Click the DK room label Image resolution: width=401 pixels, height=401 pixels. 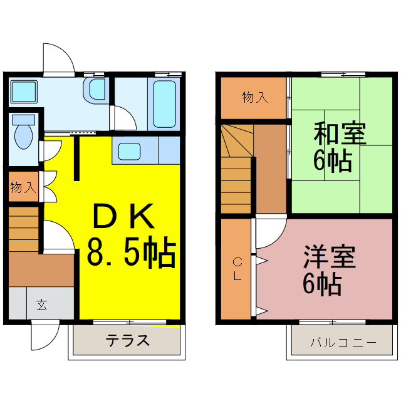(x=123, y=217)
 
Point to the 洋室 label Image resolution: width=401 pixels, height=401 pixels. (x=330, y=258)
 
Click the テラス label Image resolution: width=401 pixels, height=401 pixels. (x=127, y=341)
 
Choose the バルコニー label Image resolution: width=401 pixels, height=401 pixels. (x=343, y=343)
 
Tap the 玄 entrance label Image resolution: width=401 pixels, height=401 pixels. (x=41, y=306)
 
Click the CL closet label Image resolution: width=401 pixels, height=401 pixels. (x=237, y=269)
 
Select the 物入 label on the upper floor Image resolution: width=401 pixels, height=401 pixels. (x=255, y=97)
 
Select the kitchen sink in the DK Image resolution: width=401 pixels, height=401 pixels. (x=130, y=151)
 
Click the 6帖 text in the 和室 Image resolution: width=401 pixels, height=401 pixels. (x=332, y=161)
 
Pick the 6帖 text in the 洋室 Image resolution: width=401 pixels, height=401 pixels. (x=323, y=285)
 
